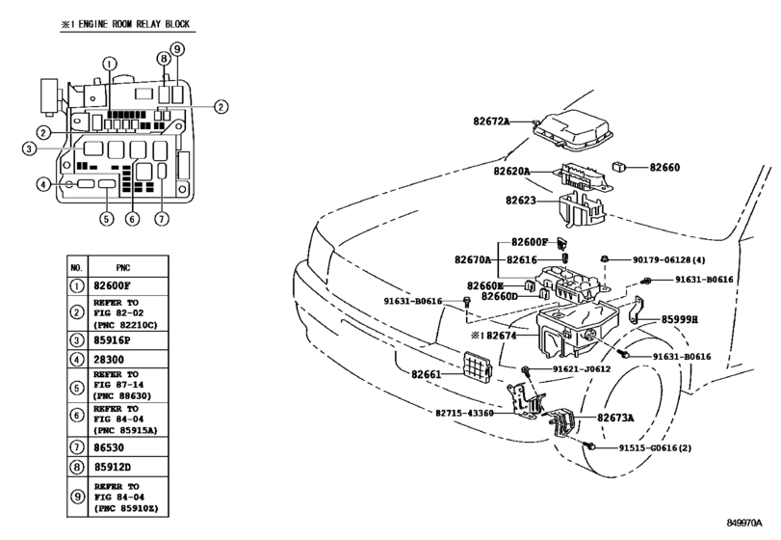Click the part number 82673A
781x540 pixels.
click(615, 418)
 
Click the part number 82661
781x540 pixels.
click(427, 374)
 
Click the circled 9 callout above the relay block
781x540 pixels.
click(177, 49)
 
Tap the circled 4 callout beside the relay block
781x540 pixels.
click(43, 184)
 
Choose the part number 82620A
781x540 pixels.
click(513, 171)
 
